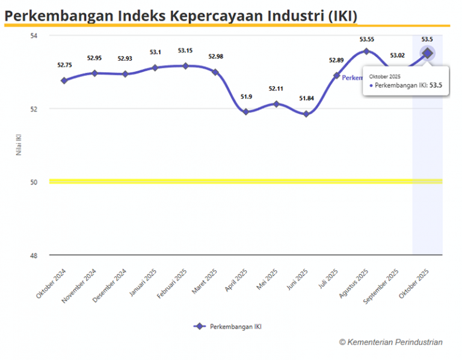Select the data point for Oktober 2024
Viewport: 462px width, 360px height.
tap(64, 80)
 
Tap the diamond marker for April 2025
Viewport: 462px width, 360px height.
tap(245, 111)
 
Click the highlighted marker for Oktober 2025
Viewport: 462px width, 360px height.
tap(427, 53)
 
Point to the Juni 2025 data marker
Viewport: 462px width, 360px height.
tap(306, 114)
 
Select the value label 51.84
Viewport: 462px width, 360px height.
tap(306, 99)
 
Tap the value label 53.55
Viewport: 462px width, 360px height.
tap(367, 39)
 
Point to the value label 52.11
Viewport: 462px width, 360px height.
tap(276, 88)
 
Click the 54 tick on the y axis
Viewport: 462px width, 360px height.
tap(34, 36)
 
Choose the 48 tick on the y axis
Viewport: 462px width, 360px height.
tap(34, 255)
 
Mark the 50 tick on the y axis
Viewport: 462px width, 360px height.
tap(34, 182)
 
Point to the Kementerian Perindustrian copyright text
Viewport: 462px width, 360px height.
tap(390, 342)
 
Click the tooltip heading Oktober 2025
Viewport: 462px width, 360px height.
tap(384, 76)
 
